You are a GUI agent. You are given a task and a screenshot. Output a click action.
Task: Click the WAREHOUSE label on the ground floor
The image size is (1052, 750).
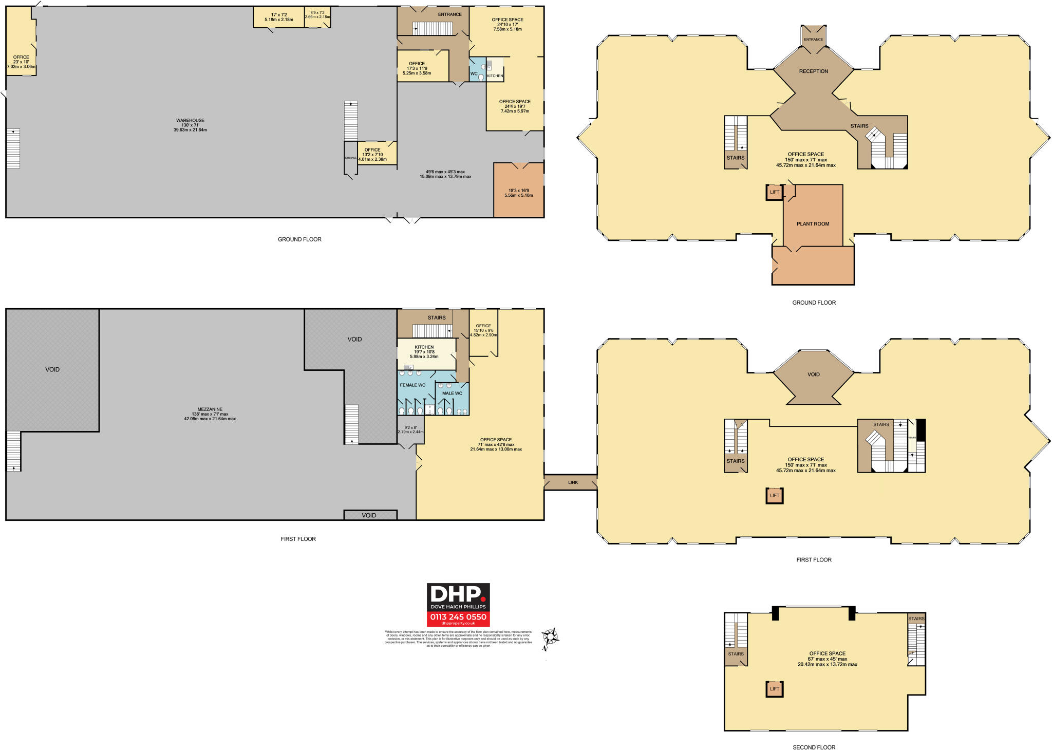(x=190, y=121)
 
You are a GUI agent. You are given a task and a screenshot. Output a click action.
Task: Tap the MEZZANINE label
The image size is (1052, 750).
(x=210, y=409)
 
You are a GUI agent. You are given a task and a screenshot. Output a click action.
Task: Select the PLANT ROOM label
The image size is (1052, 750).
(x=813, y=224)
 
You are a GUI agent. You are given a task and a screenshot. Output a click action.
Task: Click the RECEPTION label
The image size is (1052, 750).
(x=813, y=71)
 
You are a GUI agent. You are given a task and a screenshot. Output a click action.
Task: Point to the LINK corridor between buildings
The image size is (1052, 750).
(x=573, y=482)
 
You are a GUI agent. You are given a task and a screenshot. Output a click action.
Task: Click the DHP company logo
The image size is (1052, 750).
(x=458, y=597)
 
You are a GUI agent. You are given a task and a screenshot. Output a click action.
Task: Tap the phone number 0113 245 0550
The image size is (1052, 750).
(x=458, y=617)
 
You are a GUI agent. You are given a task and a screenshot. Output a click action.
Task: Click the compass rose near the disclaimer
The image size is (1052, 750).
(x=551, y=638)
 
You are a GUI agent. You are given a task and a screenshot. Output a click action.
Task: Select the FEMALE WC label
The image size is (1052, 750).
(x=412, y=385)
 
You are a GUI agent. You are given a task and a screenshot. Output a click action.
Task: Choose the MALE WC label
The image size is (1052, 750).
(x=452, y=393)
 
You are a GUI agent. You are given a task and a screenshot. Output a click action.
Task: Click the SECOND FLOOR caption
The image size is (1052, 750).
(x=814, y=747)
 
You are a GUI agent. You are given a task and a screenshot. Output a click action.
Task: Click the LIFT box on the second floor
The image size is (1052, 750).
(x=774, y=689)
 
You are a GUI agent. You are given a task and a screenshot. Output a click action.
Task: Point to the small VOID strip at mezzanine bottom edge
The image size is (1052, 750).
(x=369, y=515)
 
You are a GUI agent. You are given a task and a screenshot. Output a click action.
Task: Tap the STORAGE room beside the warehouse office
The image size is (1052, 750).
(x=350, y=158)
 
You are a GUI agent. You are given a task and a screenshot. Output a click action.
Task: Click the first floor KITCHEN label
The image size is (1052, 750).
(x=424, y=347)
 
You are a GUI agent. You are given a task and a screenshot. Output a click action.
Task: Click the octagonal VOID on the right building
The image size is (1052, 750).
(x=813, y=374)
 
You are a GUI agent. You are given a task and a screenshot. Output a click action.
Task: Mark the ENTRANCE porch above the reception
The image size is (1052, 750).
(x=813, y=40)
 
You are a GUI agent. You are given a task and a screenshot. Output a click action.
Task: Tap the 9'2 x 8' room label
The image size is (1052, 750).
(x=410, y=428)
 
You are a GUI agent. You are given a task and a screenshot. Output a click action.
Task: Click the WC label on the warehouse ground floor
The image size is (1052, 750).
(x=474, y=74)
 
